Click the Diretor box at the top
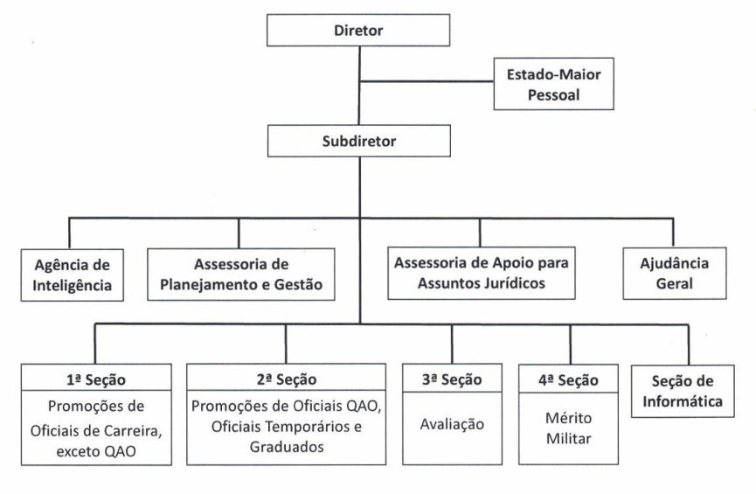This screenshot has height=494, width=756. [x=358, y=30]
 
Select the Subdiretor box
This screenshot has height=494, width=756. [x=358, y=141]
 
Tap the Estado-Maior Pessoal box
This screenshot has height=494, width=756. [x=553, y=84]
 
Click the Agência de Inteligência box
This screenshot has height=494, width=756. [x=72, y=275]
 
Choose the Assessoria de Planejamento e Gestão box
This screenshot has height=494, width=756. [x=241, y=275]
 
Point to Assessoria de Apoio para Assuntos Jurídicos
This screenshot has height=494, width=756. [x=482, y=273]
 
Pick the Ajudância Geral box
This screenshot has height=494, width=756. [x=675, y=274]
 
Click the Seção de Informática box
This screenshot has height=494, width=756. [x=683, y=391]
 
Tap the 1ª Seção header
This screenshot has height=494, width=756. [x=96, y=379]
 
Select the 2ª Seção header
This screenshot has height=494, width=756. [x=287, y=379]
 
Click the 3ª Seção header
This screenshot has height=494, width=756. [x=452, y=379]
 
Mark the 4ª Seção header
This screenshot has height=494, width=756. [x=568, y=380]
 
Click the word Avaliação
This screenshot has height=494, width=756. [x=452, y=424]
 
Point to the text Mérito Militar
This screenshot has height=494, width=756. [x=568, y=428]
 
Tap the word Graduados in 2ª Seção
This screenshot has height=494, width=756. [x=287, y=447]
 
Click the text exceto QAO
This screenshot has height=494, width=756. [x=96, y=451]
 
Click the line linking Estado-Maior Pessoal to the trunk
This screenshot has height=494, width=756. [x=427, y=81]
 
